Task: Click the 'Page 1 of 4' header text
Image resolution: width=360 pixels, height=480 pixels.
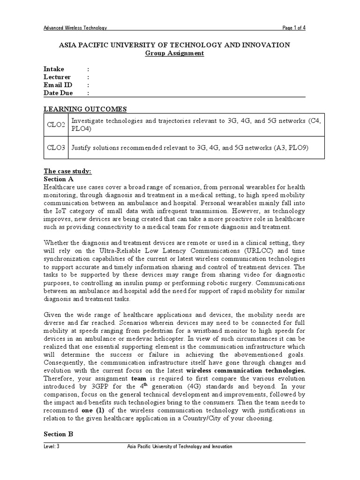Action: coord(294,28)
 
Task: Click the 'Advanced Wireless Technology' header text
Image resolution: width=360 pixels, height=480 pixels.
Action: coord(75,28)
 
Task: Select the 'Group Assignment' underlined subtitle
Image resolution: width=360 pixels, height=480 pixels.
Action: coord(174,53)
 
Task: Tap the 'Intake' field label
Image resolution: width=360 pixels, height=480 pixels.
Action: coord(54,69)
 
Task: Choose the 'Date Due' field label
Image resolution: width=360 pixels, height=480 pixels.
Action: coord(58,93)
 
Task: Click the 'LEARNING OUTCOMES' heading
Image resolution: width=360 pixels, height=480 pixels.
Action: coord(85,109)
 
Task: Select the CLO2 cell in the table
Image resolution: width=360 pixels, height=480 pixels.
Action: coord(56,125)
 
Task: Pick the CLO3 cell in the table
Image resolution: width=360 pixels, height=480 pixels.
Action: coord(56,148)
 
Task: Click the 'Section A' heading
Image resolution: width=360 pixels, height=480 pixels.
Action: coord(59,179)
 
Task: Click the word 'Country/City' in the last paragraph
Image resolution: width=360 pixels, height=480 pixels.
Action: coord(196,418)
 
